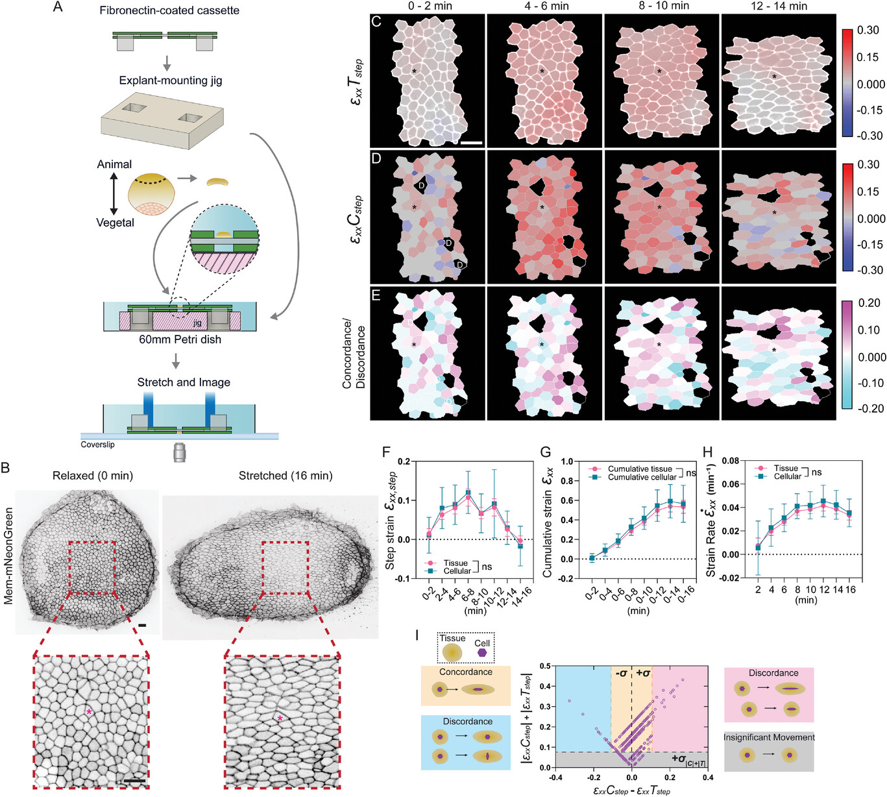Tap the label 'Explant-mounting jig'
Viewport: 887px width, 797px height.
[170, 80]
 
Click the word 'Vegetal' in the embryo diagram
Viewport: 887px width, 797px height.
[115, 223]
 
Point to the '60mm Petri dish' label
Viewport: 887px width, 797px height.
[180, 339]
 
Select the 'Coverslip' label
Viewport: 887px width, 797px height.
[97, 445]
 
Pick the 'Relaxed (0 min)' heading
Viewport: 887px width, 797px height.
[92, 476]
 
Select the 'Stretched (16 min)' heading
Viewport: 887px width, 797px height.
[286, 476]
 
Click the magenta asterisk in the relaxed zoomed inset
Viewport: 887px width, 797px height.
[90, 712]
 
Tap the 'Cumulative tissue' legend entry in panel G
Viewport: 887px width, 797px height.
[639, 469]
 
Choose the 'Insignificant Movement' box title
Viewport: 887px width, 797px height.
[769, 737]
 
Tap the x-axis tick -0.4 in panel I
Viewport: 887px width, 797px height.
[555, 777]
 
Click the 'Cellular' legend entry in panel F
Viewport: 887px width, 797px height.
[457, 571]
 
